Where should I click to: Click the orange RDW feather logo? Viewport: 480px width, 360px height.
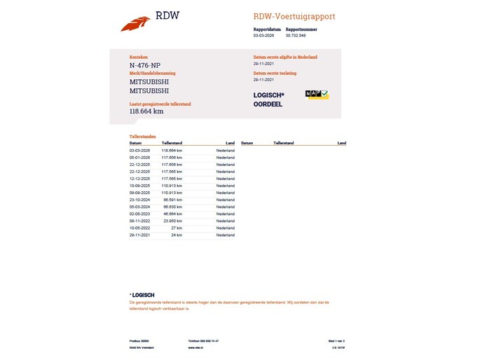(x=135, y=24)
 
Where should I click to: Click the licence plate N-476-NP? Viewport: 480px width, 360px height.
(x=146, y=66)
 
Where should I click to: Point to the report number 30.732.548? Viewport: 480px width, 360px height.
(x=296, y=34)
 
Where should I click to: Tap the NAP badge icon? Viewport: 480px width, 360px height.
(x=317, y=94)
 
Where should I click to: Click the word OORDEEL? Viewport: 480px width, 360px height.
(x=268, y=104)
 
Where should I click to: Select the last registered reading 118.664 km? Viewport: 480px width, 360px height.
(x=146, y=111)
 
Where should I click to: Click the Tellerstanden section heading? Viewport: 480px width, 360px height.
(x=142, y=137)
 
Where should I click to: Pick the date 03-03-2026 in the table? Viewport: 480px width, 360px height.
(x=140, y=150)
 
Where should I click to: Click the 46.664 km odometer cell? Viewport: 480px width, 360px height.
(x=172, y=214)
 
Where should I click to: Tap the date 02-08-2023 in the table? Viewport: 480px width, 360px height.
(x=140, y=214)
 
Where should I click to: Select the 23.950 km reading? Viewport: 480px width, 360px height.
(x=172, y=221)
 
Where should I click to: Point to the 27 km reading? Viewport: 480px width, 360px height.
(x=176, y=228)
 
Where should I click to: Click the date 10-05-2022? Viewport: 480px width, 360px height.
(x=140, y=228)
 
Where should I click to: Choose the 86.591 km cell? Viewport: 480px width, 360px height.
(x=172, y=200)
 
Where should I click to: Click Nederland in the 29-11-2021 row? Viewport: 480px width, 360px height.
(x=225, y=235)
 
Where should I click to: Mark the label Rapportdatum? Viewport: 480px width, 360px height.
(x=267, y=29)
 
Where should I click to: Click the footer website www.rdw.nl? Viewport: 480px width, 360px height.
(x=196, y=347)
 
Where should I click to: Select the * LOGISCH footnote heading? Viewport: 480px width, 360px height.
(x=142, y=295)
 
